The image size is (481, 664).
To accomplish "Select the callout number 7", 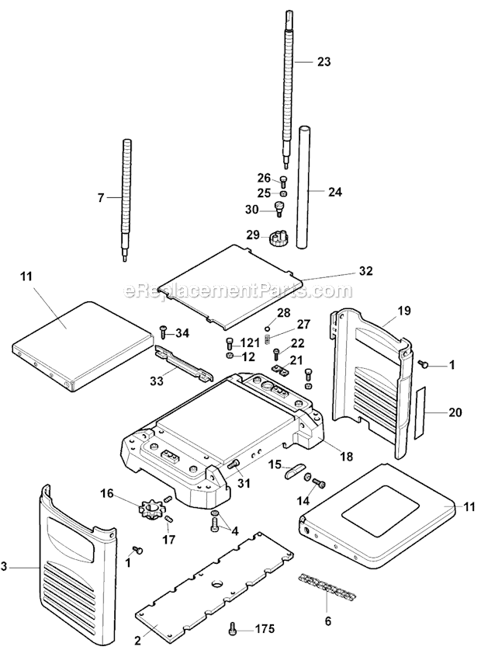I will click(x=100, y=198).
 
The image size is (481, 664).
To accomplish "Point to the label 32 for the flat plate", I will click(x=365, y=271).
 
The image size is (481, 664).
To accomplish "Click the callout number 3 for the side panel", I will click(x=6, y=568).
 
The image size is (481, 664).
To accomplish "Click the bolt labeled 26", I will click(x=282, y=180).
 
